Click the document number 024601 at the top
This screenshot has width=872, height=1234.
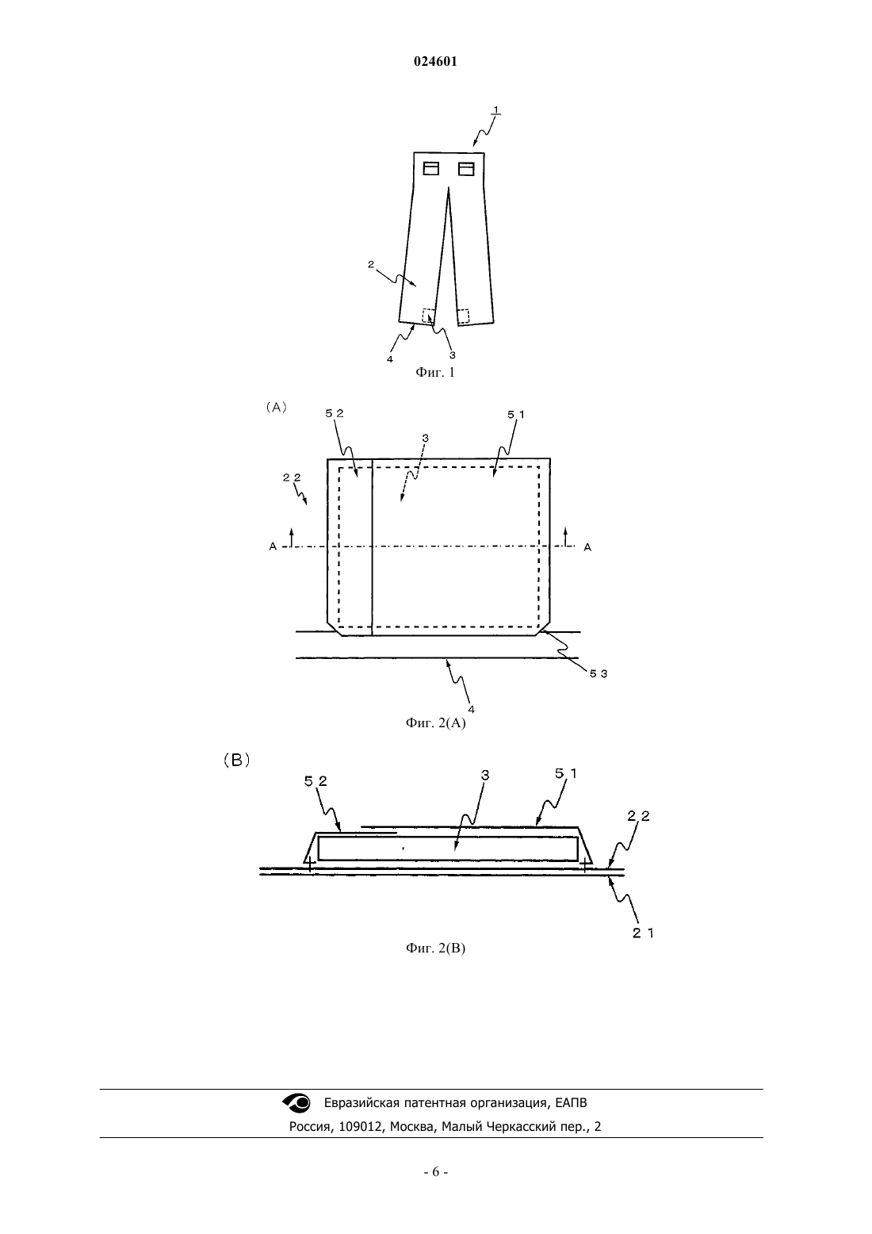(x=435, y=62)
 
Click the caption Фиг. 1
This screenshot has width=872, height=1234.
(x=435, y=373)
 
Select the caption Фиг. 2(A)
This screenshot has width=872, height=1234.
(x=435, y=723)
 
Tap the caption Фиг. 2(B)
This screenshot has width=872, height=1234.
(x=435, y=948)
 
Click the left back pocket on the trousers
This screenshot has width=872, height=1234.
(x=431, y=168)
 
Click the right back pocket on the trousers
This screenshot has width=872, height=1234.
(x=466, y=168)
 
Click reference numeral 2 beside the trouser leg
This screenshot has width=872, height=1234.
(x=371, y=264)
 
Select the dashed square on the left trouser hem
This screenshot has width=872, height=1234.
(x=428, y=315)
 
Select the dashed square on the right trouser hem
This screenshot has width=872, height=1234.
(x=463, y=316)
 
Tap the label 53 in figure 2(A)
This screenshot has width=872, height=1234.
(x=599, y=674)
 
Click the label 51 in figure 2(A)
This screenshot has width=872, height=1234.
(x=516, y=414)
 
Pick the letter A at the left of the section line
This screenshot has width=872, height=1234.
(x=273, y=547)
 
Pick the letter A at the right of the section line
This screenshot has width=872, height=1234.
(x=587, y=547)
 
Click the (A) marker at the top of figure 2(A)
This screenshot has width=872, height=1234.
(x=277, y=407)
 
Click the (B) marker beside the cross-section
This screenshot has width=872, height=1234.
(x=237, y=761)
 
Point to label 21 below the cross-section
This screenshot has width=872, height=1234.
(x=643, y=933)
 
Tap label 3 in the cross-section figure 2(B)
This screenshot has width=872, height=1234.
(x=485, y=775)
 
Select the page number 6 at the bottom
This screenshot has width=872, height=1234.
(x=435, y=1172)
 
